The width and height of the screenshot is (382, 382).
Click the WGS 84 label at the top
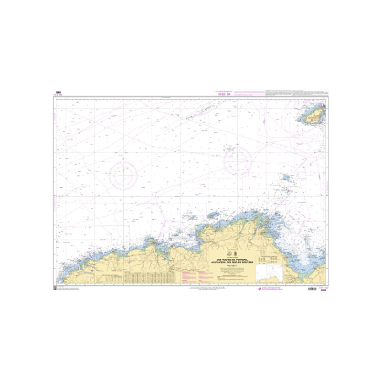tap(224, 94)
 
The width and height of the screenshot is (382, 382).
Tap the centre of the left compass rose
tap(124, 175)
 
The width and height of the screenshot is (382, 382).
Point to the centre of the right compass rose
tap(237, 161)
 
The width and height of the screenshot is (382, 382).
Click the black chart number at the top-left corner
tap(58, 93)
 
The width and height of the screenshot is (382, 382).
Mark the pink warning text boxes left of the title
tap(195, 276)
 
